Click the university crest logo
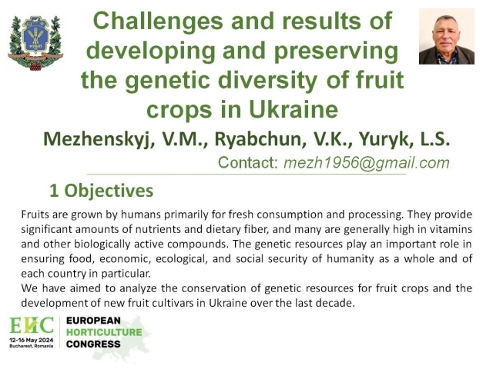click(x=35, y=43)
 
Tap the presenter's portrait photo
click(x=447, y=36)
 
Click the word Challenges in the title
click(x=158, y=22)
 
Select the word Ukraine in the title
click(x=293, y=109)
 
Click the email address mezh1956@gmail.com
click(x=367, y=162)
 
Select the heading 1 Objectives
click(x=101, y=191)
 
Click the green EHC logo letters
click(x=32, y=325)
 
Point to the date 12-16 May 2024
click(x=32, y=340)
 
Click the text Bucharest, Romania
click(x=32, y=346)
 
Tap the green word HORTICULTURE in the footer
click(x=104, y=332)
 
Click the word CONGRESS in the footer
click(x=93, y=344)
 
